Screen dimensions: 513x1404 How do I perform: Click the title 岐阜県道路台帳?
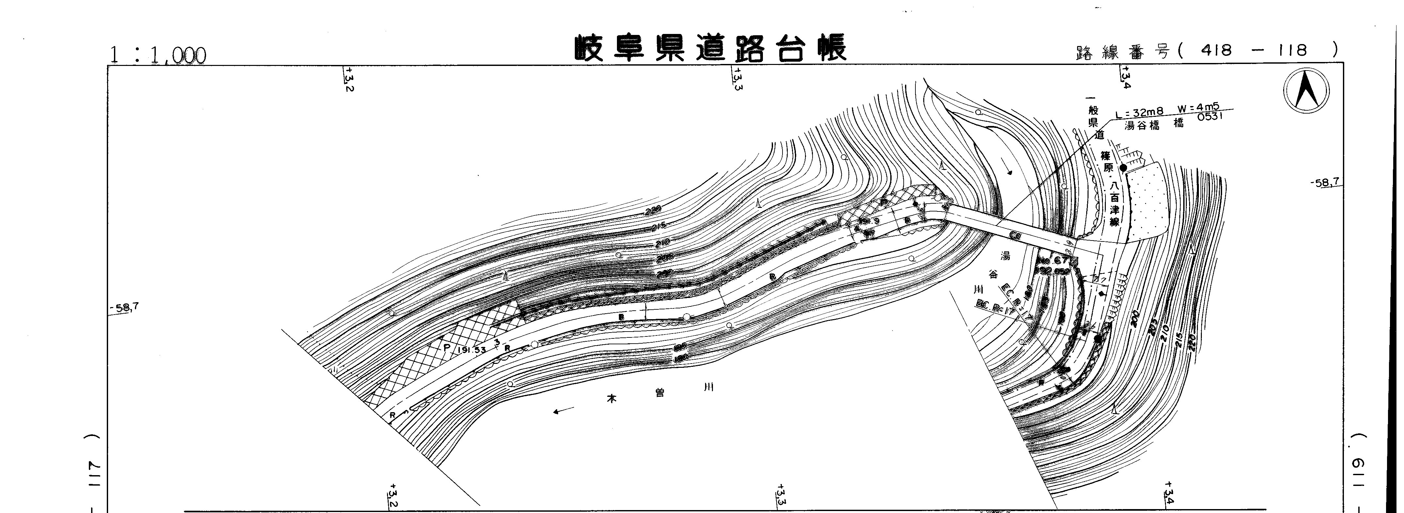coord(711,49)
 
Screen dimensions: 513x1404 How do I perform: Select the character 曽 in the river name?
coord(660,393)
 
